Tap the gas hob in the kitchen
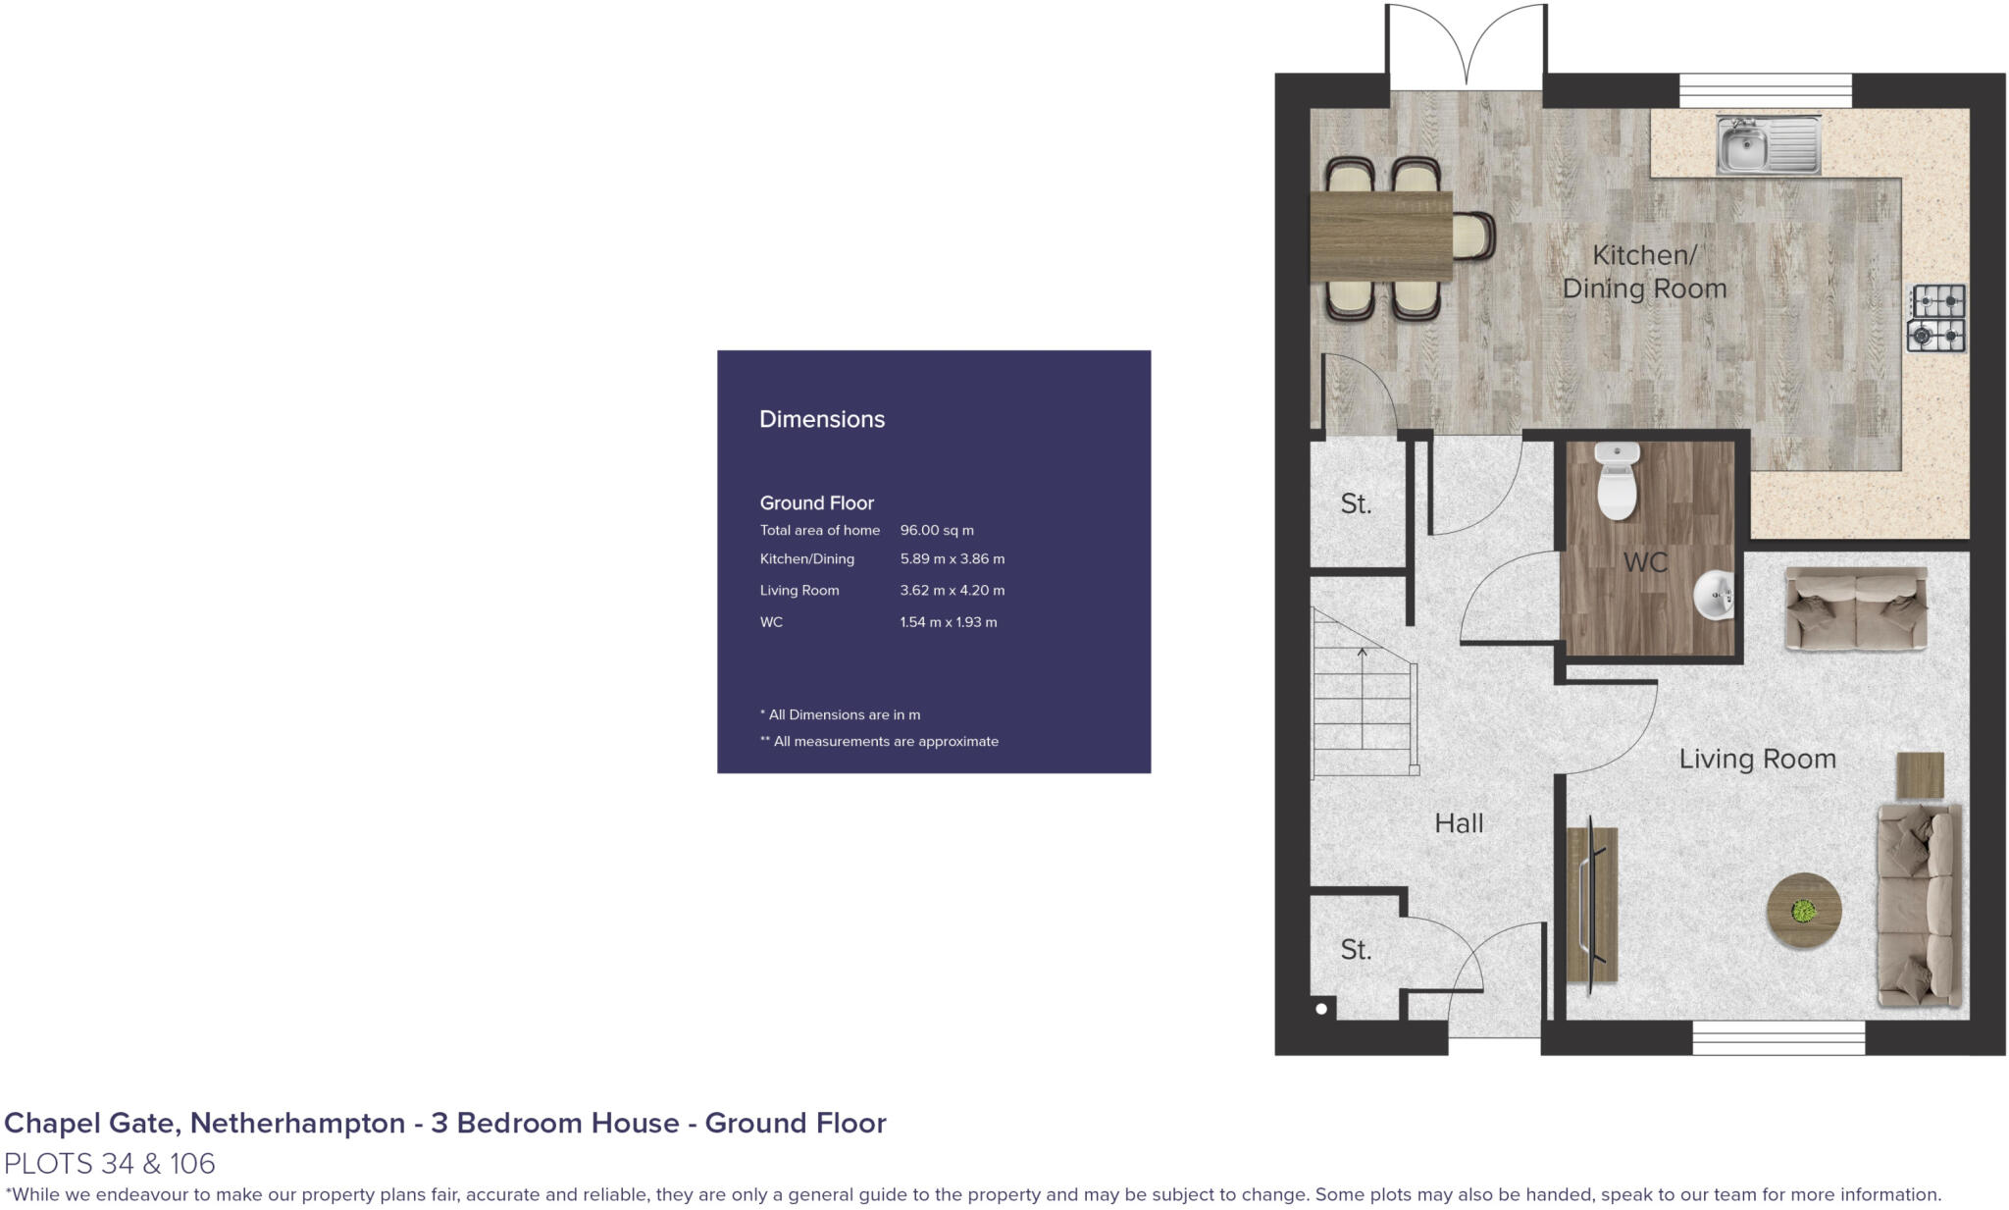click(x=1936, y=318)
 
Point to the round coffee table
click(x=1803, y=911)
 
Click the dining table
click(x=1381, y=237)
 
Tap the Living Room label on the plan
click(x=1757, y=759)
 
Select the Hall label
click(x=1459, y=823)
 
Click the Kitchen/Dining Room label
click(x=1644, y=272)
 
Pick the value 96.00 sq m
click(x=937, y=530)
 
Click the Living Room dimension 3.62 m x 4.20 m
click(x=952, y=591)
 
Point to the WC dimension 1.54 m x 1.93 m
click(x=948, y=622)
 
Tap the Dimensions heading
click(x=822, y=419)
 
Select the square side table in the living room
click(x=1920, y=775)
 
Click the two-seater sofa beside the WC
click(x=1855, y=608)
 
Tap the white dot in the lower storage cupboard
click(x=1321, y=1009)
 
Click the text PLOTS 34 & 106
click(x=110, y=1164)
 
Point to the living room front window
click(x=1778, y=1038)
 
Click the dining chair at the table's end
click(x=1473, y=237)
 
